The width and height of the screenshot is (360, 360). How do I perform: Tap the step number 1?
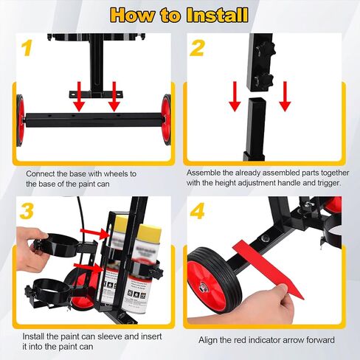(27, 49)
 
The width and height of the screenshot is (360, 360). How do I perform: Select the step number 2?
(196, 49)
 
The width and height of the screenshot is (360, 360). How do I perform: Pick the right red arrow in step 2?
(285, 93)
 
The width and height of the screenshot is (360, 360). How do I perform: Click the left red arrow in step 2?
(235, 93)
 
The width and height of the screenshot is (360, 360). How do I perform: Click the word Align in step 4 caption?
(210, 340)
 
